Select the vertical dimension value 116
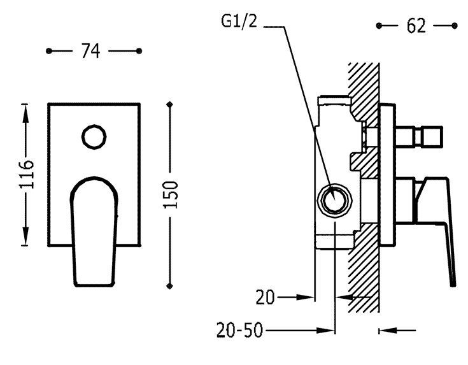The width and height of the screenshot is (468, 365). coord(26,172)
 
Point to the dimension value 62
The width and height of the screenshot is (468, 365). coord(416,26)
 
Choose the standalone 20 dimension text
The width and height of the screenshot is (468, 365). coord(266,297)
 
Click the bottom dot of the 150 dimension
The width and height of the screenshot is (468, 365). coord(169,285)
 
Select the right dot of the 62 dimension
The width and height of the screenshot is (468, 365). coord(455,26)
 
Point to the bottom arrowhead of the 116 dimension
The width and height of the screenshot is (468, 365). coord(26,240)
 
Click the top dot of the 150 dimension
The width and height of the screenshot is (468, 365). coord(169,103)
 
